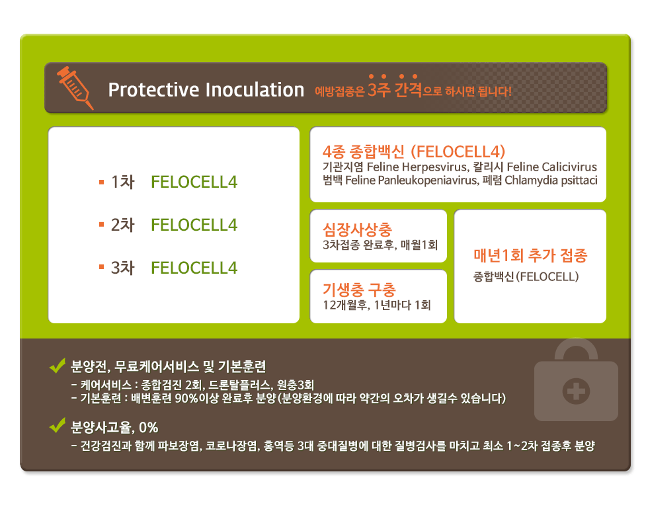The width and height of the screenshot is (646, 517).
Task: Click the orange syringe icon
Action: pos(75,88)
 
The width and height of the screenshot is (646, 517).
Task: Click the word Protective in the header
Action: pos(153,90)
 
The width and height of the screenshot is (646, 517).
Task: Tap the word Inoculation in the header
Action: pos(255,90)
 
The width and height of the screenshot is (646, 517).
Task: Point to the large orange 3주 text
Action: pos(379,89)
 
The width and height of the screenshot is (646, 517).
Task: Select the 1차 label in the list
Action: pos(123,182)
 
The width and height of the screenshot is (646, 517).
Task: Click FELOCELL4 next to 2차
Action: pos(194,225)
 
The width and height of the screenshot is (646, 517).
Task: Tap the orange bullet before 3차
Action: pos(101,267)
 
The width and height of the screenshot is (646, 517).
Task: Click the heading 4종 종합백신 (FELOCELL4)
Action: pos(414,152)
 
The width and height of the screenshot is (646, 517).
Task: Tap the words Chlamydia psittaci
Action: pos(551,180)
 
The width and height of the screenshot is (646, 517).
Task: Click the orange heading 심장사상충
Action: pos(357,229)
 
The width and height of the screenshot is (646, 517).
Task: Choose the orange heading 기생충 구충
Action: pos(359,290)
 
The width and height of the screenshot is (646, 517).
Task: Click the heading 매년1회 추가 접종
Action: pos(530,255)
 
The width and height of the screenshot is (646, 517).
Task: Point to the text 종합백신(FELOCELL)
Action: pos(526,276)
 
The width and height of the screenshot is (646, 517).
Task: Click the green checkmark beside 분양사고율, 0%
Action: pos(58,425)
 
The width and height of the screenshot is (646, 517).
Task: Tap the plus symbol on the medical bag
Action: pos(576,391)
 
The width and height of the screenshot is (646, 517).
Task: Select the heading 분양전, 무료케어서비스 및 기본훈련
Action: pos(168,366)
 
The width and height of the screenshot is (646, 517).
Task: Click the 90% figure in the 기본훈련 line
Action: pos(185,399)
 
